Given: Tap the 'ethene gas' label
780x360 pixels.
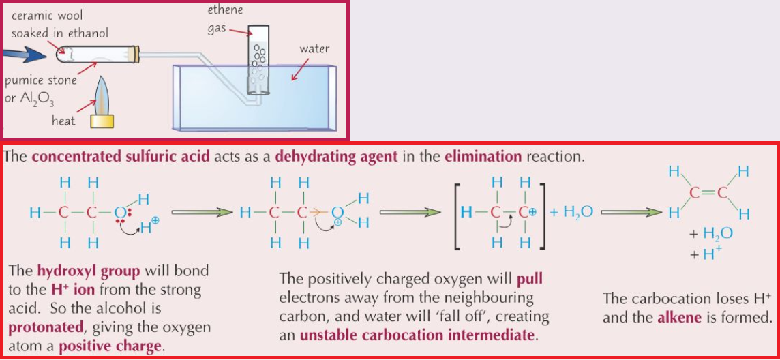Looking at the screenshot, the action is click(x=225, y=20).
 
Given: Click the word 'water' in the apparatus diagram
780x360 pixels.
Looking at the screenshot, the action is click(x=314, y=49).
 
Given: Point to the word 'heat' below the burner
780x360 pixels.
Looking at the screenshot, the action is click(x=63, y=121).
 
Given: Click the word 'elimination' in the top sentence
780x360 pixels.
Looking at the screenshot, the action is click(x=483, y=156).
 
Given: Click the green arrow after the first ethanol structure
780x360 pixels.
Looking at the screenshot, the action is click(x=197, y=213).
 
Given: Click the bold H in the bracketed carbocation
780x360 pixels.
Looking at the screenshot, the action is click(x=466, y=212).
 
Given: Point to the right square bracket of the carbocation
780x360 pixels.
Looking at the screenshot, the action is click(x=542, y=212).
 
